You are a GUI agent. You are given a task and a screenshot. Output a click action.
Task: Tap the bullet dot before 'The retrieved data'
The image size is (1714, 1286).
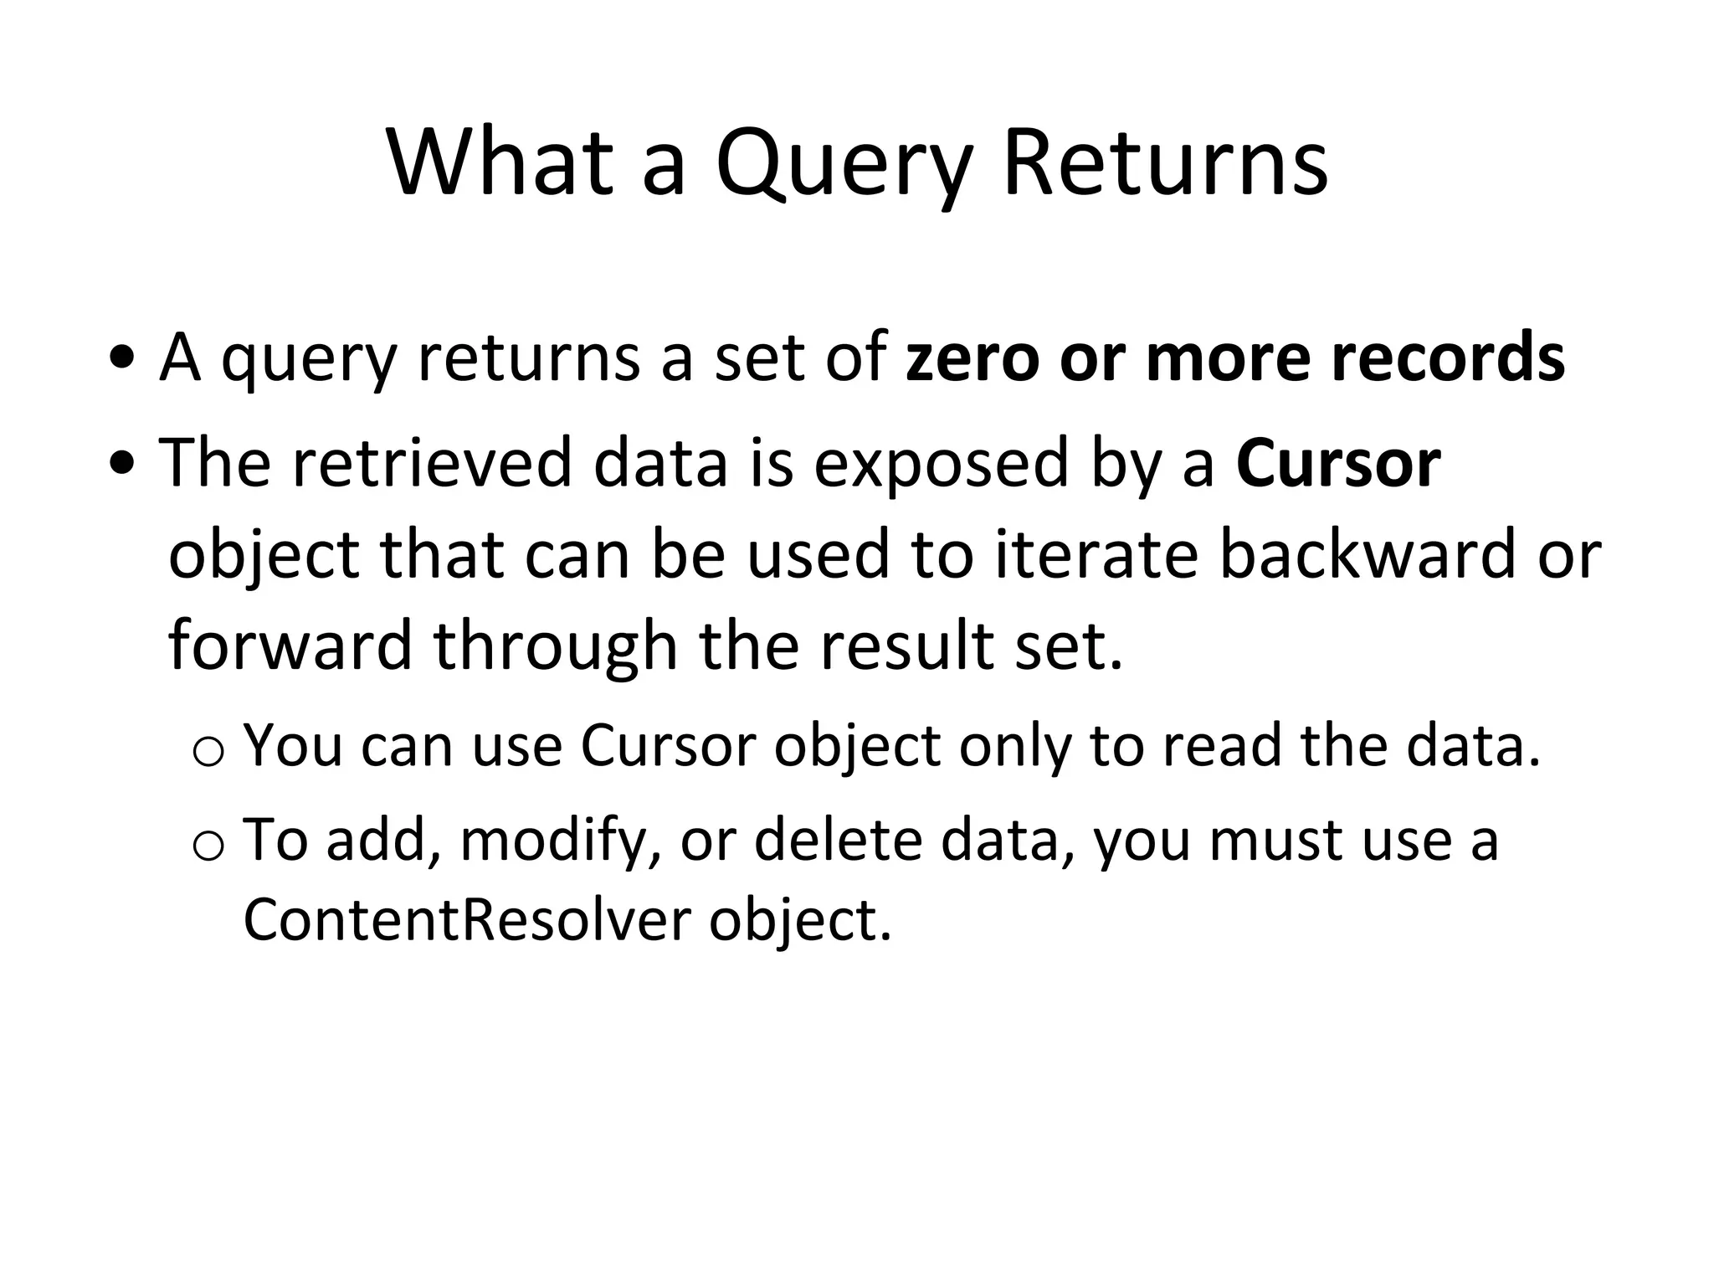123,466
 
